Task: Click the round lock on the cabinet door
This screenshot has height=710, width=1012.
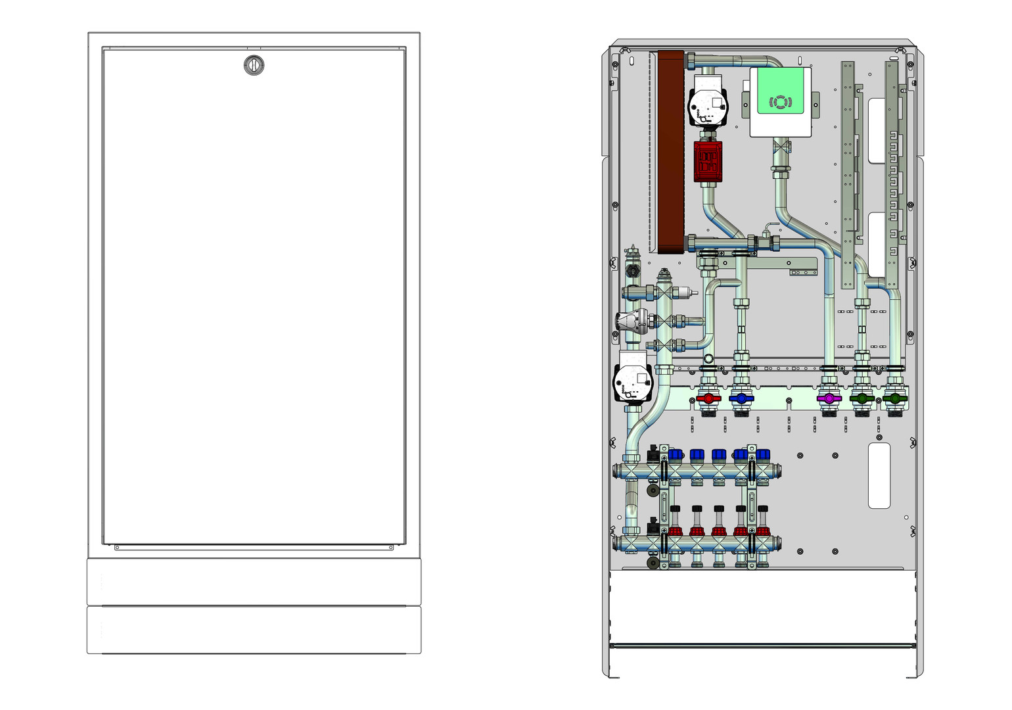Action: point(254,64)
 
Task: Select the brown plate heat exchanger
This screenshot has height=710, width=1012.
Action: point(671,151)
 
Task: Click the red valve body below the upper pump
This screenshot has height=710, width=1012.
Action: point(708,161)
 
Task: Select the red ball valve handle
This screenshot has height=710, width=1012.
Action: point(708,398)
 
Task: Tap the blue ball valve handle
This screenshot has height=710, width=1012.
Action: point(741,398)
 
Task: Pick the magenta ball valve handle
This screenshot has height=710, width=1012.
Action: point(829,398)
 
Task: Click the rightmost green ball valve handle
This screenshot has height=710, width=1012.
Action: point(893,398)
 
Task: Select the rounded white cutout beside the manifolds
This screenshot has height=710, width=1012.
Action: point(879,475)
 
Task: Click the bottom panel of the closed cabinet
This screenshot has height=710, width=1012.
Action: point(254,630)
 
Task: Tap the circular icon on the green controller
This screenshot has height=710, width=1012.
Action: point(780,103)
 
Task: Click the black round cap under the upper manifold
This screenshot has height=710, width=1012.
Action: point(653,491)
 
